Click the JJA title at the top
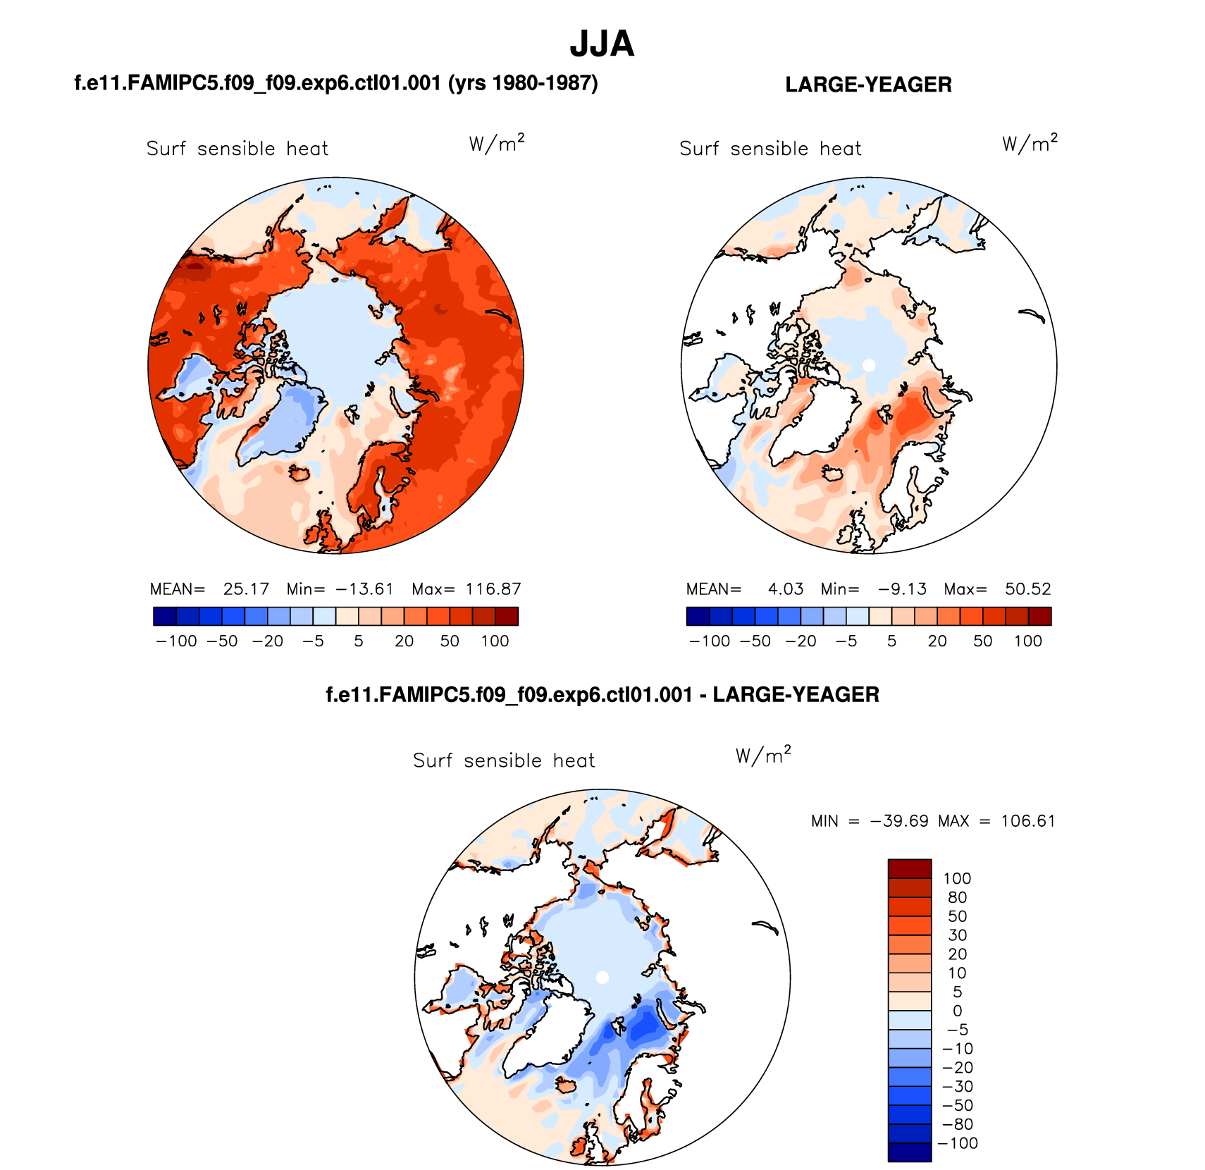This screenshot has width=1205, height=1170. (602, 44)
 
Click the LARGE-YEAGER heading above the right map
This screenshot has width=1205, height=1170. (868, 85)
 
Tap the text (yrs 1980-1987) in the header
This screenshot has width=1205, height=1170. (523, 83)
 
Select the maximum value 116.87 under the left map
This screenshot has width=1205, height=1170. (493, 589)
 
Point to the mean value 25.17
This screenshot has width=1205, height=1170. (246, 589)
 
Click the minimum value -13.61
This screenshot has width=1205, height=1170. (364, 589)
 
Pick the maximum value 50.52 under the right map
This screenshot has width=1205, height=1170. (1027, 589)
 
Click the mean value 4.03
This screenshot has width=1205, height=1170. (786, 589)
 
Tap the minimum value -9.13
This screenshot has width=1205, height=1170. (902, 589)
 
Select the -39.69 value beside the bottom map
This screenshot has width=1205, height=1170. (899, 821)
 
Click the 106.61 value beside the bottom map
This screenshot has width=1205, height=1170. (1028, 821)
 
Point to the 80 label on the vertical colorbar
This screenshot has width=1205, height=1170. (957, 897)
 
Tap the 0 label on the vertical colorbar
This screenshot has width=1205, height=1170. (957, 1011)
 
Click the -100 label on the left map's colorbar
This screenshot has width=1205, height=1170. (176, 641)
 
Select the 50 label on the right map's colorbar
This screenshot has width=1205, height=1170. (982, 641)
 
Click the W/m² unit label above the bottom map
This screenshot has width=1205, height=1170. (763, 756)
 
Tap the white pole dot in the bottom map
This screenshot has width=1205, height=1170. (602, 977)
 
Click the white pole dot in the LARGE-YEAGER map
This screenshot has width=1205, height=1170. (869, 365)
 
